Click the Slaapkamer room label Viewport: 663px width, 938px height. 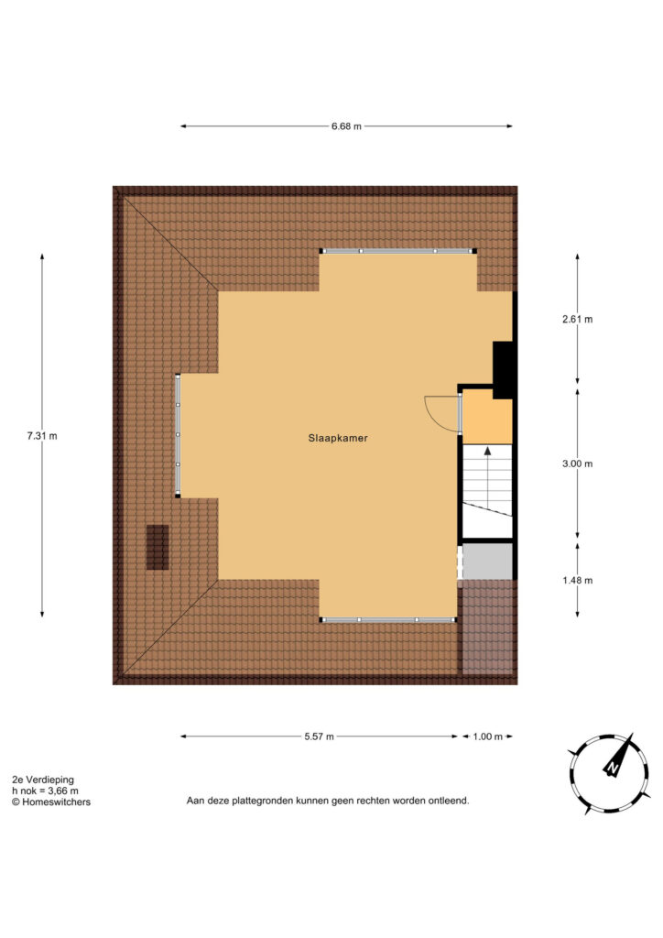338,438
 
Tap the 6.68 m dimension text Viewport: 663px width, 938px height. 347,126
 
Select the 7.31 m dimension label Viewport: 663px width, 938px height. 42,436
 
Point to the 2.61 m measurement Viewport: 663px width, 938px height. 578,320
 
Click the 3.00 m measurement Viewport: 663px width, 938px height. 578,464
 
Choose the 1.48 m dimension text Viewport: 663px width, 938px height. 578,580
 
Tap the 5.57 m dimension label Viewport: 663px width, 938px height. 320,736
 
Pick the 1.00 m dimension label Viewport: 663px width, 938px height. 488,736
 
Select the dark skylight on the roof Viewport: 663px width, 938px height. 158,548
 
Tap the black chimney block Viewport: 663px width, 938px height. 504,370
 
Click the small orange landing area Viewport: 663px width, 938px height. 488,418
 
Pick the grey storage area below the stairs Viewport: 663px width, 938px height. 488,562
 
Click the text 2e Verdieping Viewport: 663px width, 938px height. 43,780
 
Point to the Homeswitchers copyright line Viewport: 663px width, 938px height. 51,802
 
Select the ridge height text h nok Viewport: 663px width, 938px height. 46,791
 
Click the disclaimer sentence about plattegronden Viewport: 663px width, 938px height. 328,801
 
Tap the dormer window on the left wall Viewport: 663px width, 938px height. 178,435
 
